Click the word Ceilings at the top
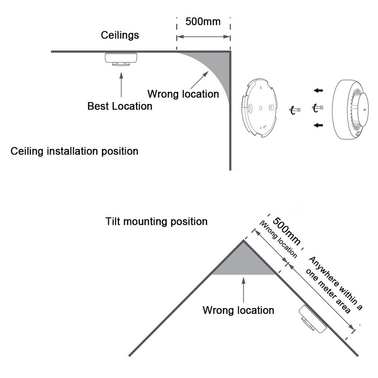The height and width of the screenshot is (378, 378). coord(120,35)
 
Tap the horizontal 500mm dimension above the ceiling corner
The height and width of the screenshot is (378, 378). coord(203,22)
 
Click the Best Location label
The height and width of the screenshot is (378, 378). coord(120,106)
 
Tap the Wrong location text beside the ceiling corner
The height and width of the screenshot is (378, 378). coord(183,93)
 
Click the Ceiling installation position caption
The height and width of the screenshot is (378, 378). coord(74,152)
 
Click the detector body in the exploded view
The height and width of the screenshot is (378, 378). coord(352,110)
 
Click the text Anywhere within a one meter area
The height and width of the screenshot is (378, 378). coord(335,285)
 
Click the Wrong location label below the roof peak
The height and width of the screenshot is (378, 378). coord(238,310)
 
